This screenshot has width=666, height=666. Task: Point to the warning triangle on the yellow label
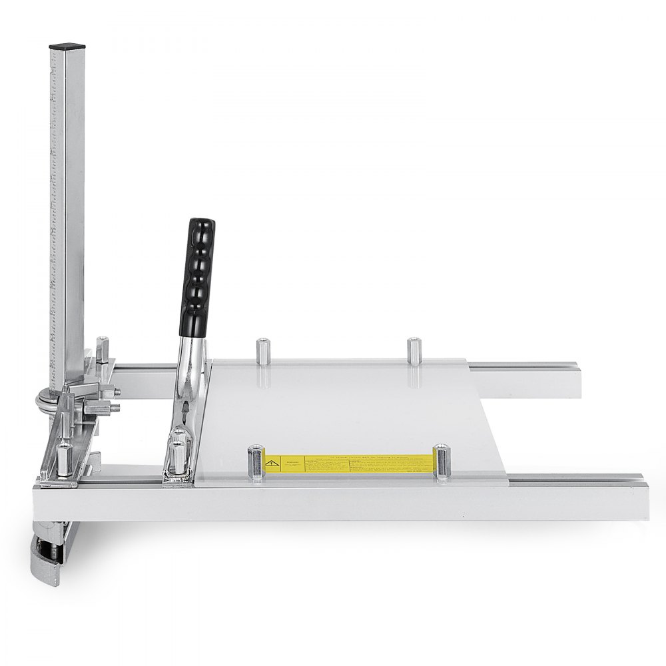point(272,461)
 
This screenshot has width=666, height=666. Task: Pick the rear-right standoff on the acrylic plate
point(414,349)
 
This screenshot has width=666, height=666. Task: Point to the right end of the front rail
point(636,496)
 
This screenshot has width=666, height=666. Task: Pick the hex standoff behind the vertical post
point(102,348)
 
